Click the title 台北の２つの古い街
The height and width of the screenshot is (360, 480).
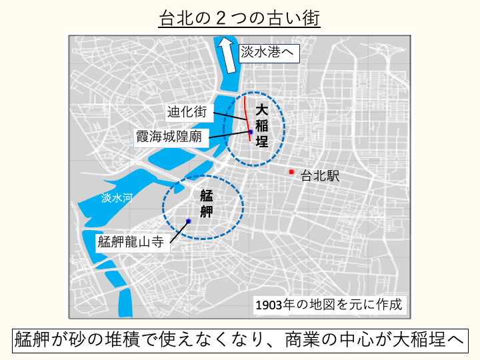(x=239, y=18)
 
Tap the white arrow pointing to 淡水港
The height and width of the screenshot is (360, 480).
(x=227, y=55)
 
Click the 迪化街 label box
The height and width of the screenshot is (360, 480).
(x=187, y=112)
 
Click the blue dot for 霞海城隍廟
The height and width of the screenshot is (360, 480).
(x=251, y=132)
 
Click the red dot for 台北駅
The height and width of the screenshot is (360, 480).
(x=291, y=172)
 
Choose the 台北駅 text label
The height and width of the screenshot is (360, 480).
(x=320, y=177)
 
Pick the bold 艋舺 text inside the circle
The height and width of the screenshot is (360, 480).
(x=207, y=204)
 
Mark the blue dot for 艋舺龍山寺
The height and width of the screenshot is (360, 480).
(x=189, y=221)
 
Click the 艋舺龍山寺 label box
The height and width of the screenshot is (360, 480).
(x=131, y=242)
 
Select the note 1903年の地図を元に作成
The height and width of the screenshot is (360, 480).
(x=329, y=305)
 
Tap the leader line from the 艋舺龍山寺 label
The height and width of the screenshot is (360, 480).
(x=179, y=231)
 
